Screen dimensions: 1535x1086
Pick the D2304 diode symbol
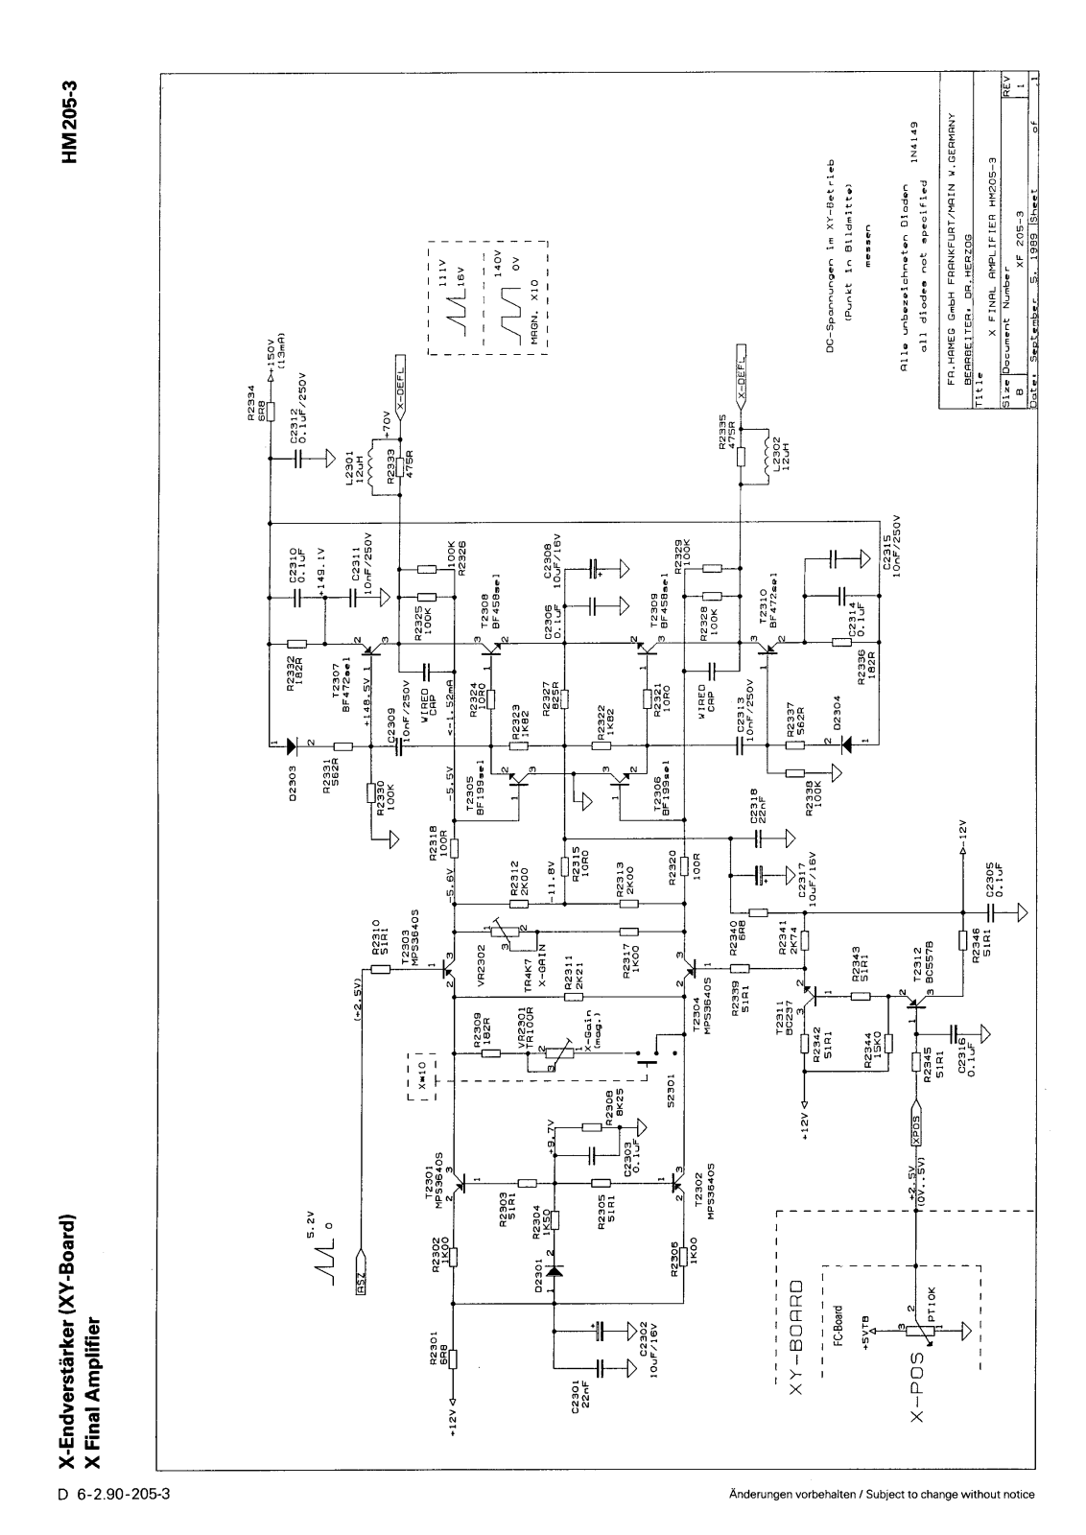pos(845,744)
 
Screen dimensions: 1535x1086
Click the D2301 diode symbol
pos(555,1269)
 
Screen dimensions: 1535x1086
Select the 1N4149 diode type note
pos(916,141)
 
